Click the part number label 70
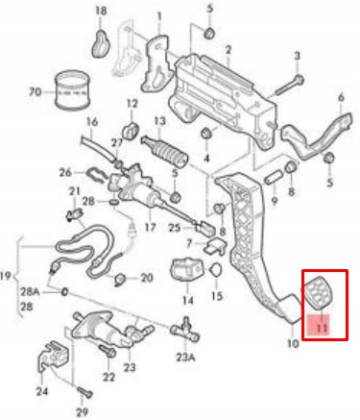(35, 92)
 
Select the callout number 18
(101, 12)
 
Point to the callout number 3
(297, 56)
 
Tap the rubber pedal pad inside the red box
(319, 291)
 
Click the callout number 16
(92, 122)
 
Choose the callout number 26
(65, 174)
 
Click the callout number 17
(149, 228)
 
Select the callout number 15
(217, 297)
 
